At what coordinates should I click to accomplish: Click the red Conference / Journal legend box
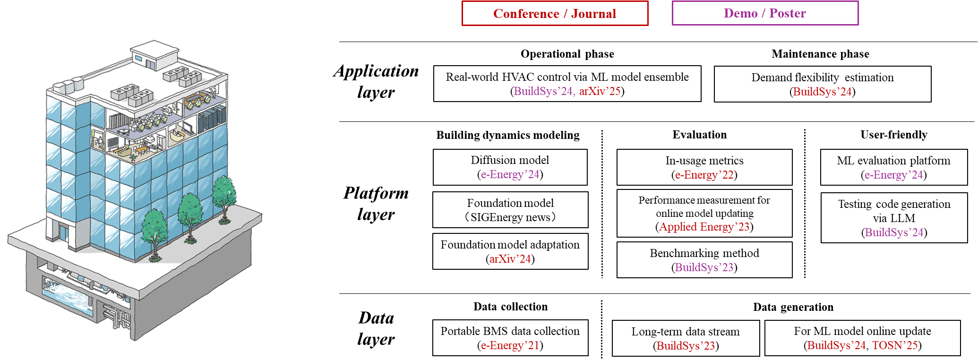(x=555, y=13)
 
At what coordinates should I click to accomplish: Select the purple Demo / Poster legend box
(x=765, y=13)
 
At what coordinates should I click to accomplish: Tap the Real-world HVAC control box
(x=567, y=84)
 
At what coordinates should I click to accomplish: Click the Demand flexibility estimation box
(x=823, y=84)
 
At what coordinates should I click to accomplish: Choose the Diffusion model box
(x=510, y=167)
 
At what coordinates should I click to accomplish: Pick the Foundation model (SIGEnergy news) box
(x=510, y=210)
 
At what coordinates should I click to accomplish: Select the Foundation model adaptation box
(x=510, y=251)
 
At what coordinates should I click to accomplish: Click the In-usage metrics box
(x=704, y=167)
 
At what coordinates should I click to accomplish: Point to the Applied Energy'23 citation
(x=704, y=227)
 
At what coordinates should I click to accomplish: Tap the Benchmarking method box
(x=704, y=260)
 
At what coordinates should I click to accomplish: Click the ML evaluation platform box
(x=894, y=167)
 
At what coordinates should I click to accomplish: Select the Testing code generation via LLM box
(x=894, y=218)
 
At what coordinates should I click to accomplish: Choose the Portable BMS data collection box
(x=510, y=338)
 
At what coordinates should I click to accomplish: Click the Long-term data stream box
(x=686, y=338)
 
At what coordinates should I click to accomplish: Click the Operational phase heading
(x=567, y=54)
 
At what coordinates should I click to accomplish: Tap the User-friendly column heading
(x=894, y=135)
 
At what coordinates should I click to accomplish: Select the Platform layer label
(x=376, y=204)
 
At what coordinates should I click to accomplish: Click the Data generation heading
(x=793, y=307)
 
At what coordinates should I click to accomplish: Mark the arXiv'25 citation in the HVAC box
(x=600, y=91)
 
